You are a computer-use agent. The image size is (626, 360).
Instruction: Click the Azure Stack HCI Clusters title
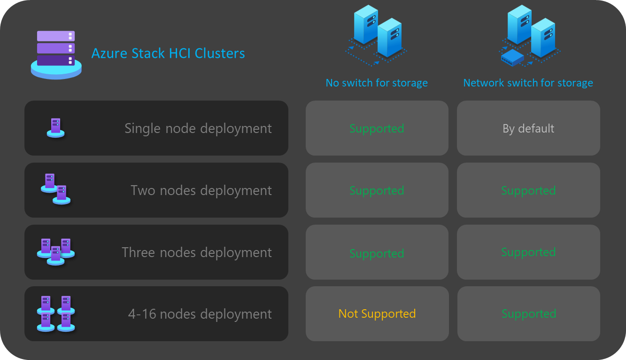point(168,53)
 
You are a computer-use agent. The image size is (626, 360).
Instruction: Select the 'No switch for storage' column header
point(377,83)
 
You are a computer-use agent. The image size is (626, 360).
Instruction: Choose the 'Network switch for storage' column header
point(528,83)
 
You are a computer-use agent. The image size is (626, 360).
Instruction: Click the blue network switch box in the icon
point(512,57)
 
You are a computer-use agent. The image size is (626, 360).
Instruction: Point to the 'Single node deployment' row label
point(198,128)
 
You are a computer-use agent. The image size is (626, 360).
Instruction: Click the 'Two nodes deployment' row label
point(201,190)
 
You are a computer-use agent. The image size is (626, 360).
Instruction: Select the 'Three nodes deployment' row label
point(196,252)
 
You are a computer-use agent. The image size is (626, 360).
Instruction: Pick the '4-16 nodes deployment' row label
point(200,314)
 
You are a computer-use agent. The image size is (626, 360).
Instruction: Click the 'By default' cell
point(528,128)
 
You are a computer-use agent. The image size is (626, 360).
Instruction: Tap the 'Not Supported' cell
point(377,314)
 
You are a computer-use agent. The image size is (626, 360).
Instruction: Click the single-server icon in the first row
point(55,128)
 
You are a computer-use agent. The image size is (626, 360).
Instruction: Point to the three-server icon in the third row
point(55,251)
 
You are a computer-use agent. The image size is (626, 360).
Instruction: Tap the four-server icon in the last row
point(55,313)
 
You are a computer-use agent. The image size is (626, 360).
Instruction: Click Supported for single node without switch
point(377,128)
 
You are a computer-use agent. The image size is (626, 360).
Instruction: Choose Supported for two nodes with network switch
point(528,190)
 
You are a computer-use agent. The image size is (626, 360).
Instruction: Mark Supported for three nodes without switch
point(377,253)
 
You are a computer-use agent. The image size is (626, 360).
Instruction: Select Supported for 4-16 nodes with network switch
point(528,314)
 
